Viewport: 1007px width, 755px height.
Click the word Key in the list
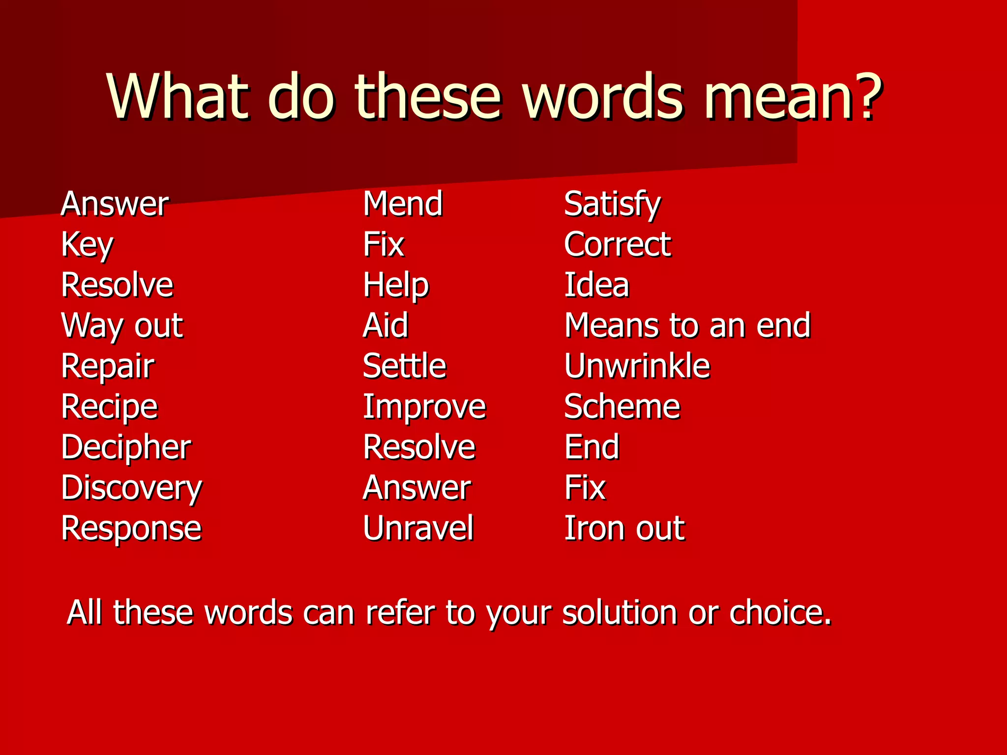pyautogui.click(x=87, y=244)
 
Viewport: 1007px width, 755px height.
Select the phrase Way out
pyautogui.click(x=122, y=326)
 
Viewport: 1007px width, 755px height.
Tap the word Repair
pyautogui.click(x=108, y=366)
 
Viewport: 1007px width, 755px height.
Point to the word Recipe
pyautogui.click(x=109, y=407)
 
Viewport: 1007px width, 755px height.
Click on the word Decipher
pyautogui.click(x=126, y=447)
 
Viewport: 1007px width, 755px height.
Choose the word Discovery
pyautogui.click(x=131, y=488)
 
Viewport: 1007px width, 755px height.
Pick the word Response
pyautogui.click(x=131, y=529)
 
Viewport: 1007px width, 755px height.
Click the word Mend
pyautogui.click(x=403, y=203)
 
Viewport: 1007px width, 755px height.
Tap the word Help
pyautogui.click(x=396, y=285)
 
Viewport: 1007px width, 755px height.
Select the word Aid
pyautogui.click(x=385, y=325)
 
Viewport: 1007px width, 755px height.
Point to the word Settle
pyautogui.click(x=404, y=366)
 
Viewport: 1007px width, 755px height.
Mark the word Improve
pyautogui.click(x=424, y=407)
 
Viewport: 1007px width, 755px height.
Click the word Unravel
pyautogui.click(x=418, y=528)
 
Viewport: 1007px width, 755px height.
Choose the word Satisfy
pyautogui.click(x=612, y=204)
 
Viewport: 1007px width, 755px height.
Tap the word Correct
pyautogui.click(x=617, y=244)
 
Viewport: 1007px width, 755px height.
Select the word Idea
pyautogui.click(x=596, y=285)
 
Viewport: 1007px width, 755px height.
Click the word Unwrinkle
pyautogui.click(x=637, y=366)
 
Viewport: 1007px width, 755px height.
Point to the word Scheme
pyautogui.click(x=622, y=407)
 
